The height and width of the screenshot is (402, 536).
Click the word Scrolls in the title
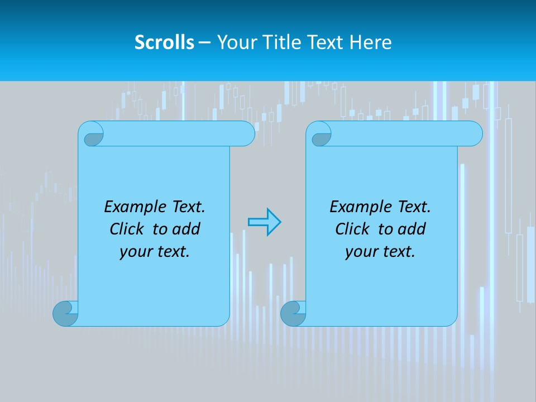[164, 42]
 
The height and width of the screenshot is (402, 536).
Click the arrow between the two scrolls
[264, 222]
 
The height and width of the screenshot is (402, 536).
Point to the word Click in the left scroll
[128, 229]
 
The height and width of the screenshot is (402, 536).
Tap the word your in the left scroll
[135, 252]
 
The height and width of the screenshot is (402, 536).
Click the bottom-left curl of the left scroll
[65, 313]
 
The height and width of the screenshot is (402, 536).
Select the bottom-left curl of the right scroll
[293, 313]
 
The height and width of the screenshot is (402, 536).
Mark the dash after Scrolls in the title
[204, 42]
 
